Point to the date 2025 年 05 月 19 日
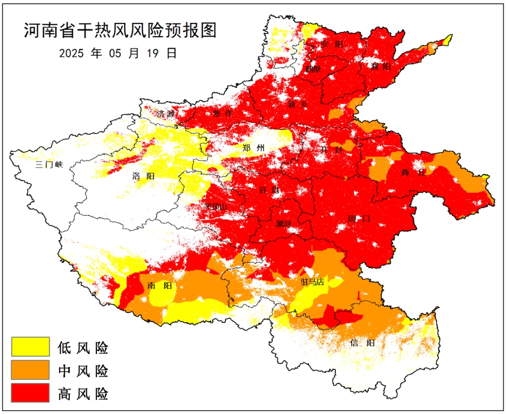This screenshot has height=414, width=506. pyautogui.click(x=118, y=53)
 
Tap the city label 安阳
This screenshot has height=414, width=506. pyautogui.click(x=332, y=44)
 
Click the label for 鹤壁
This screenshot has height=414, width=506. pyautogui.click(x=313, y=69)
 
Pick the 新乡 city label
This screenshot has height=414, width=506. pyautogui.click(x=298, y=104)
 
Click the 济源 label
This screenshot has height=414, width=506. pyautogui.click(x=167, y=113)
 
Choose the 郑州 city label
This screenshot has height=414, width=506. pyautogui.click(x=253, y=148)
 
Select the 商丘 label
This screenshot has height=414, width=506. pyautogui.click(x=414, y=172)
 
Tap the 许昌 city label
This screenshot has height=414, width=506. pyautogui.click(x=268, y=191)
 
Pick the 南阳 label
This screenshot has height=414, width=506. pyautogui.click(x=159, y=286)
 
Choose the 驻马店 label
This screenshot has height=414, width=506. pyautogui.click(x=313, y=282)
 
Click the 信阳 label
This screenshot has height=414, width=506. pyautogui.click(x=362, y=343)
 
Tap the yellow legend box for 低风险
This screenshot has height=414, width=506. pyautogui.click(x=30, y=347)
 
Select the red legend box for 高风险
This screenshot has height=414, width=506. pyautogui.click(x=30, y=392)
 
